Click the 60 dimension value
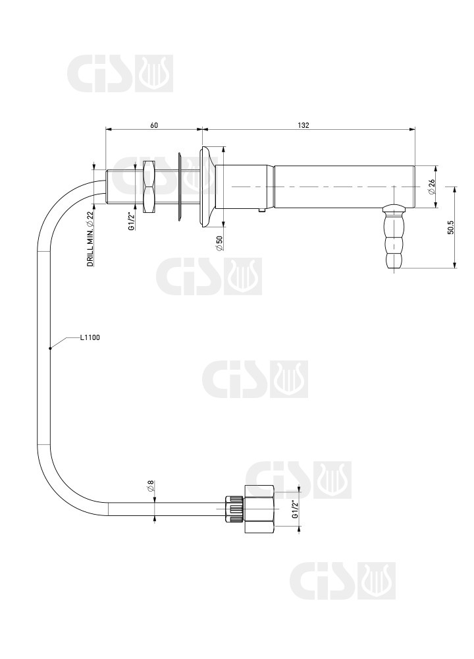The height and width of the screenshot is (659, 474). click(154, 125)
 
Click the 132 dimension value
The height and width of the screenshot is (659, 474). click(303, 125)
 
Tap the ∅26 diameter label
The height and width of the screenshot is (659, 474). click(432, 186)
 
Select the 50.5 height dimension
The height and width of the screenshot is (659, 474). click(451, 227)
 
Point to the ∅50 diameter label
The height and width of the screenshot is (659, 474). click(219, 243)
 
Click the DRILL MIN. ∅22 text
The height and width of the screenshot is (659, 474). click(90, 239)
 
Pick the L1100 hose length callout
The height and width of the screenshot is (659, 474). click(90, 337)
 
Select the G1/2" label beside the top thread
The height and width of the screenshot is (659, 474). click(132, 221)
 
